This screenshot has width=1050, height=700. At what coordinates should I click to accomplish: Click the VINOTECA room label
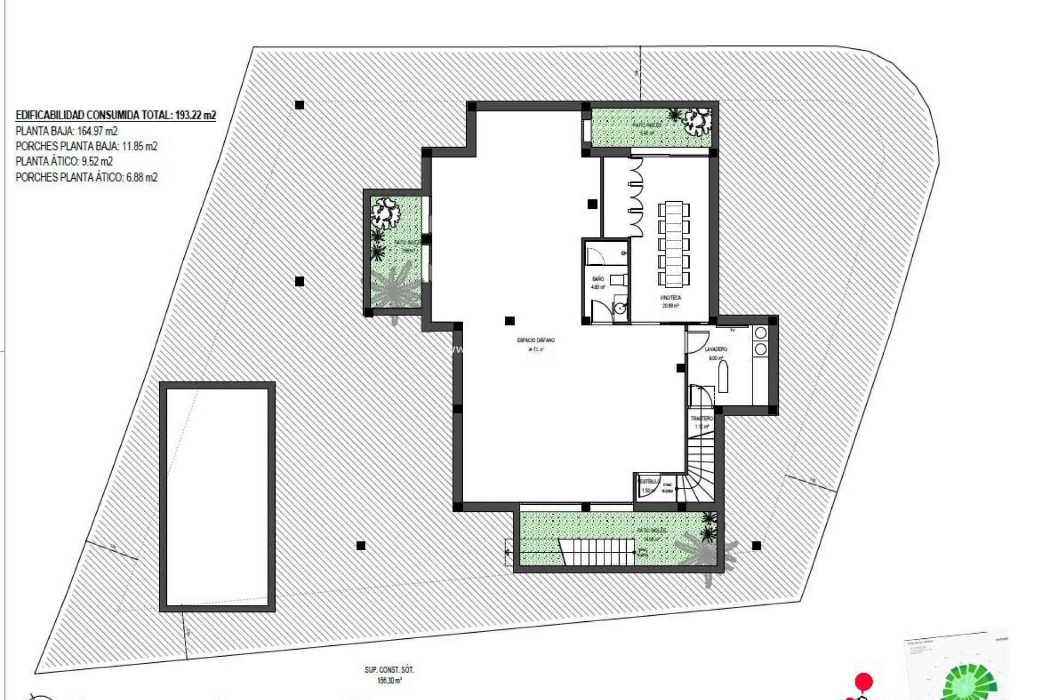click(x=670, y=297)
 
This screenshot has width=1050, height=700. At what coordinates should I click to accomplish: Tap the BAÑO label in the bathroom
click(x=598, y=279)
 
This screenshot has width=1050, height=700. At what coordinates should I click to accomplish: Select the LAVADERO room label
click(x=715, y=349)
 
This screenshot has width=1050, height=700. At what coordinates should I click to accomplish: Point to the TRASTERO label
click(x=702, y=418)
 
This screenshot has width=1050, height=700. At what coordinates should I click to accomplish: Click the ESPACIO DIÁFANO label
click(x=535, y=340)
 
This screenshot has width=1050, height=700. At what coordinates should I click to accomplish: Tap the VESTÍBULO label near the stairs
click(x=649, y=481)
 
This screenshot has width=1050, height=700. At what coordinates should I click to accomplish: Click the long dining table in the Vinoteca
click(x=673, y=244)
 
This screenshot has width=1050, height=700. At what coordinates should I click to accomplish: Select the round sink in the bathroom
click(x=619, y=308)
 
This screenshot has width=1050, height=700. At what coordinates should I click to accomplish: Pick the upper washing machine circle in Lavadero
click(x=760, y=333)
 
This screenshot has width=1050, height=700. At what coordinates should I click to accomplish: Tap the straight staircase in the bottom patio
click(x=597, y=552)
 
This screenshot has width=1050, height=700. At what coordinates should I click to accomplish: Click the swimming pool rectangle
click(x=217, y=497)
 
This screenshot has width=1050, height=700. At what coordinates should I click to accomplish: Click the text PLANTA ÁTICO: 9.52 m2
click(x=64, y=161)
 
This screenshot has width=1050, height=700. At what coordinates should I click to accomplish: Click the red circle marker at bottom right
click(x=864, y=682)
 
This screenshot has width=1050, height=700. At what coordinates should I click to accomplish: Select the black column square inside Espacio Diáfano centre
click(x=510, y=321)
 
